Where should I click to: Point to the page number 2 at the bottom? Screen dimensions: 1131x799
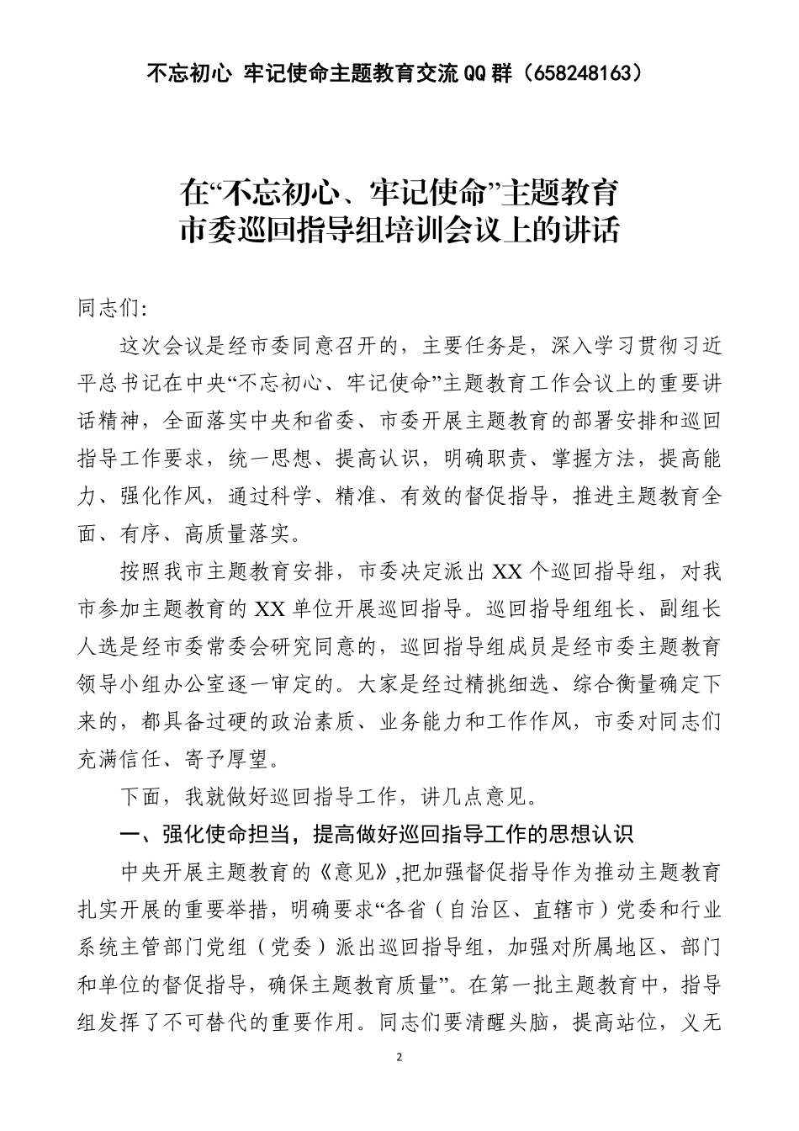399,1057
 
